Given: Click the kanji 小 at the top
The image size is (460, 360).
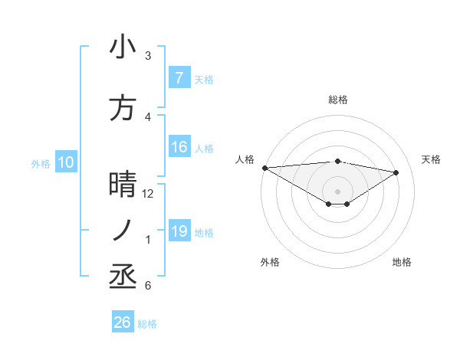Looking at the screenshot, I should tap(123, 47).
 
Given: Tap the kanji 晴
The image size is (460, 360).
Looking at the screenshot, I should tap(123, 185).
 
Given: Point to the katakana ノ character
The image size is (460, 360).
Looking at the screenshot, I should tap(123, 230).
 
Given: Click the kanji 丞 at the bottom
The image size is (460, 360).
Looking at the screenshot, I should tap(123, 276).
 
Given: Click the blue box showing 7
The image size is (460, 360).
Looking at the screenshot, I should tap(179, 78).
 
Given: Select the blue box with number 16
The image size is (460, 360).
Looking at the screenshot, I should tap(179, 147).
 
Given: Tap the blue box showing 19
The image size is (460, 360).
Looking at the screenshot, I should tap(179, 231).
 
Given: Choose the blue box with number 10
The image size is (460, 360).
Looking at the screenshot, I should tap(66, 162).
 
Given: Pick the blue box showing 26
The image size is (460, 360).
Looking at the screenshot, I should tap(123, 322).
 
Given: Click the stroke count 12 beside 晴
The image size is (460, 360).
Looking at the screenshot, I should tap(148, 194).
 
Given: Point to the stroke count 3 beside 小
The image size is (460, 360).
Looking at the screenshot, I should tap(148, 56).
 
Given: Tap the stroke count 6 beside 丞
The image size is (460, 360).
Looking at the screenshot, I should tap(148, 286).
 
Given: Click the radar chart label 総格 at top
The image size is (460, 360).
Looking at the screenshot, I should tap(337, 100).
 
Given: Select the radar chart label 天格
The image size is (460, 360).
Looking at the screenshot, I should tap(432, 159).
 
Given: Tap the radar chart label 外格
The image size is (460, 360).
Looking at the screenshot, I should tap(270, 262).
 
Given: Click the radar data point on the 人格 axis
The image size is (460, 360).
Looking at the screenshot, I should tap(264, 168).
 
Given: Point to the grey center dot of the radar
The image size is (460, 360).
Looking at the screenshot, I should tap(337, 190).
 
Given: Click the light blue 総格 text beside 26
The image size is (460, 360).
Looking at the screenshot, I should tap(147, 324).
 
